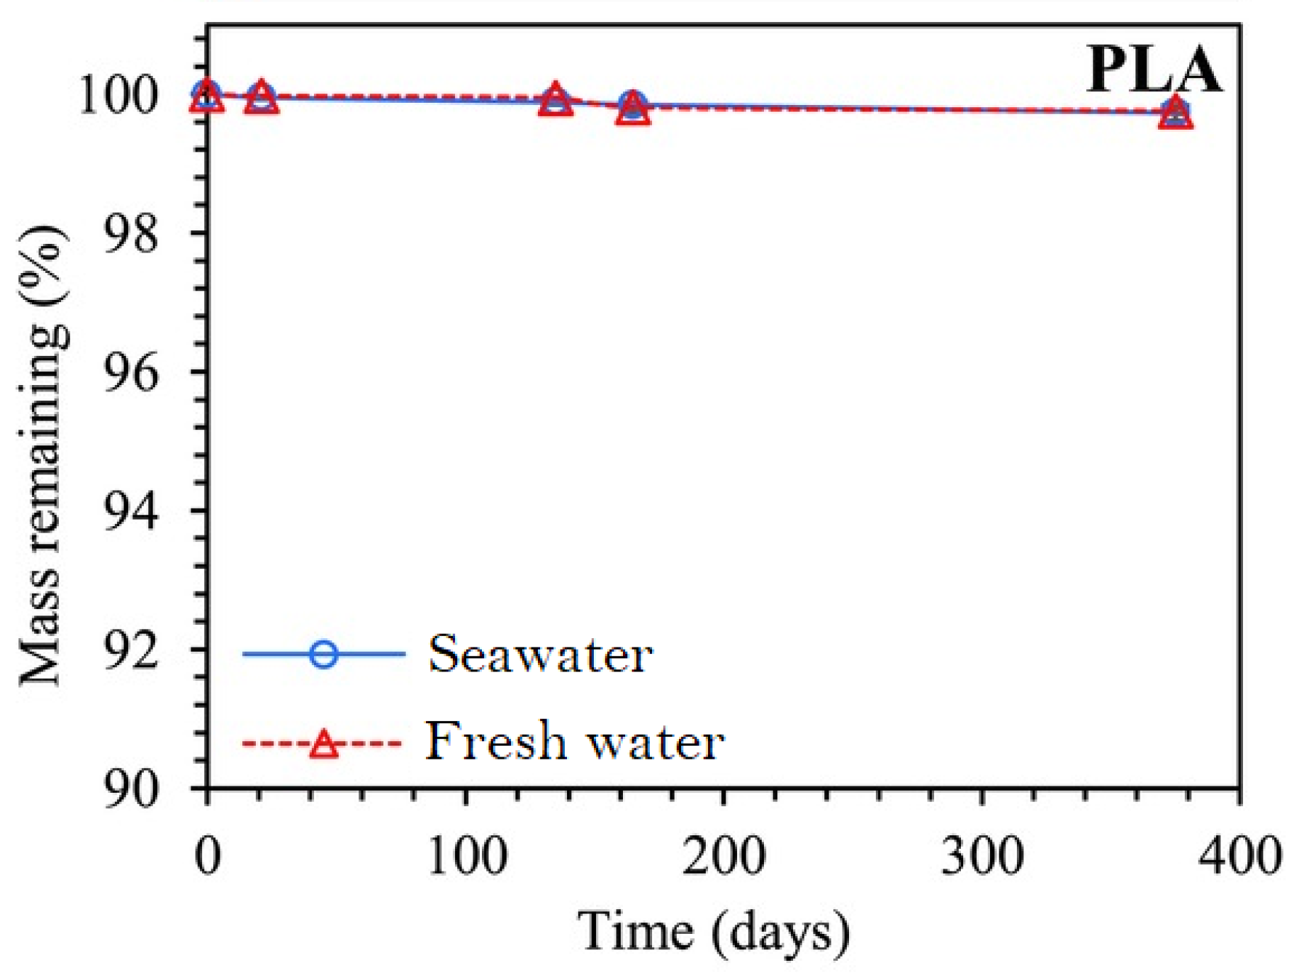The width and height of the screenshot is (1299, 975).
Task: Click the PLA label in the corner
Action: (x=1153, y=70)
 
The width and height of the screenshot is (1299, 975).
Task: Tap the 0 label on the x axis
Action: (x=208, y=856)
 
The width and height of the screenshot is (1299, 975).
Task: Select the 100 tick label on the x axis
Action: (x=466, y=856)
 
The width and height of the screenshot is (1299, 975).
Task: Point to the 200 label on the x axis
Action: (x=724, y=856)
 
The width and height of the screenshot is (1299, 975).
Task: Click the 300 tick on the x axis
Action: (x=982, y=856)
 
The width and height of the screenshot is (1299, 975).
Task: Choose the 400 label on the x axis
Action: (x=1239, y=856)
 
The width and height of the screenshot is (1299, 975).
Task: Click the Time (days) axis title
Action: (x=713, y=931)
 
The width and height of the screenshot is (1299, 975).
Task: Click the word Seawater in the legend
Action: (x=539, y=654)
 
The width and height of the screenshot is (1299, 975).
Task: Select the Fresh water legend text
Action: (x=575, y=742)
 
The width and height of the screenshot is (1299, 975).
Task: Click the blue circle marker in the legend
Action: (x=324, y=653)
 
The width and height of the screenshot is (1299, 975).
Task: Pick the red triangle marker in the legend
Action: (x=324, y=744)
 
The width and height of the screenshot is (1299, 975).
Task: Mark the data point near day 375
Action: (x=1176, y=112)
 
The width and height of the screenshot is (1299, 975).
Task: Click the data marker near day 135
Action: (x=556, y=99)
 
